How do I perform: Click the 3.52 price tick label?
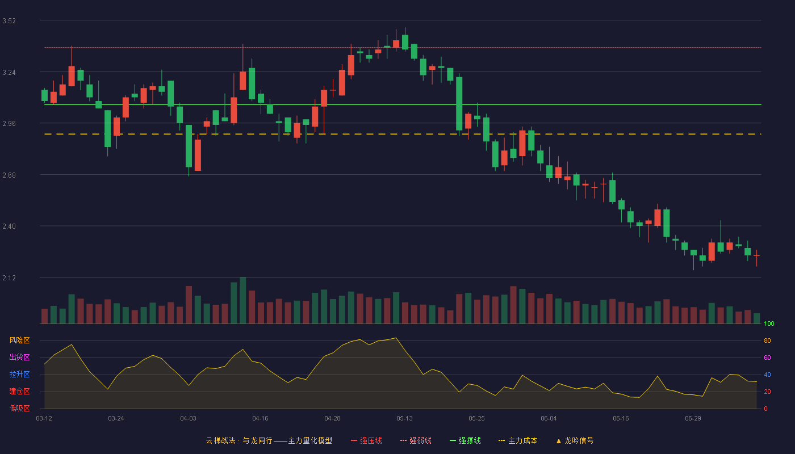pos(9,21)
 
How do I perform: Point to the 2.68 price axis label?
pos(9,175)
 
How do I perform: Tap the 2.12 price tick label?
pos(9,278)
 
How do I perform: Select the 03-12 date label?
pos(44,419)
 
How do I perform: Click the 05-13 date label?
pos(404,419)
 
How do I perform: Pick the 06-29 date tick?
pos(693,419)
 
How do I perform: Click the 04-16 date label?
pos(260,419)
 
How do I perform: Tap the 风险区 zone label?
pos(19,340)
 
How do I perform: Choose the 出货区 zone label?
pos(19,357)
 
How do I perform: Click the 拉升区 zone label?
pos(19,374)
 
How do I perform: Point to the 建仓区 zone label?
pos(19,391)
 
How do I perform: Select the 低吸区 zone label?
pos(19,408)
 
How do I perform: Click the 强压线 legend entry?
pos(366,440)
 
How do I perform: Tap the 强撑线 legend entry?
pos(465,440)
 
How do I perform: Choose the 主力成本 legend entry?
pos(518,440)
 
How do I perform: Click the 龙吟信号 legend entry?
pos(575,440)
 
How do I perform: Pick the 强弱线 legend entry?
pos(416,440)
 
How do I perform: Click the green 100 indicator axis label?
pos(769,323)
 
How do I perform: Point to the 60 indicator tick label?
pos(767,358)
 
